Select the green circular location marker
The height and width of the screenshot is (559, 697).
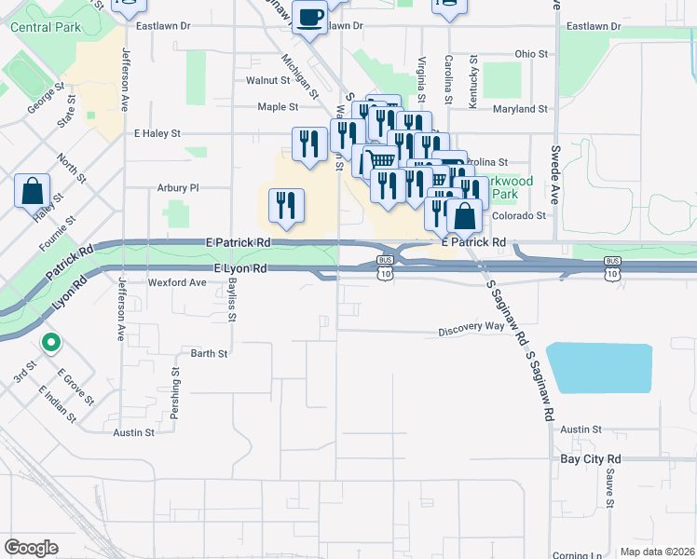pyautogui.click(x=51, y=343)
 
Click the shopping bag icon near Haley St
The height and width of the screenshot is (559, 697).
pyautogui.click(x=33, y=190)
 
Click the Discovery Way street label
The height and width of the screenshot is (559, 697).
pyautogui.click(x=471, y=327)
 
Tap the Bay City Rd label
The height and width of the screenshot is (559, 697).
pyautogui.click(x=590, y=459)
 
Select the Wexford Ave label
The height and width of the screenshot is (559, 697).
pyautogui.click(x=177, y=282)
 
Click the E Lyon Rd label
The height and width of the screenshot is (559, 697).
pyautogui.click(x=240, y=268)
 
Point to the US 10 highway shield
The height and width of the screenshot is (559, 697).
pyautogui.click(x=385, y=274)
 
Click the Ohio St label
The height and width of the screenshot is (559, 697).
pyautogui.click(x=531, y=54)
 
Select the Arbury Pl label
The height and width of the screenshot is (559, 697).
pyautogui.click(x=179, y=187)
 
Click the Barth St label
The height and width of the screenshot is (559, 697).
pyautogui.click(x=209, y=354)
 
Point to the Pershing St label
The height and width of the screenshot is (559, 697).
pyautogui.click(x=174, y=386)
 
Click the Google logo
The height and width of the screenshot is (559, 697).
pyautogui.click(x=31, y=547)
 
